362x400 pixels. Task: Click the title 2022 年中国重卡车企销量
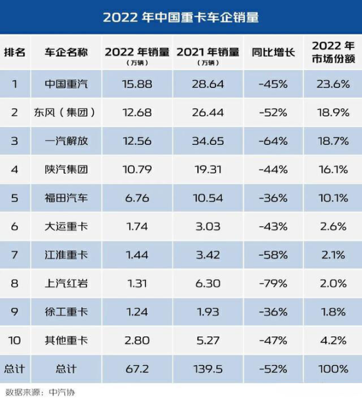[180, 17]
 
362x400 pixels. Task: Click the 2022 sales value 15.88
[136, 84]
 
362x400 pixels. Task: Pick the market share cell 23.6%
[332, 84]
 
